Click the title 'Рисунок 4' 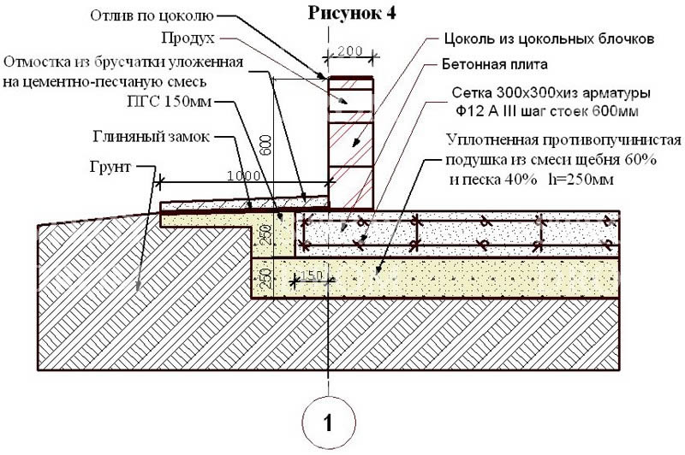[352, 13]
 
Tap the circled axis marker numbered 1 [329, 422]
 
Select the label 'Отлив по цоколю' [152, 15]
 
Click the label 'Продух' [188, 38]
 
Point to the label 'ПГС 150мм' [169, 102]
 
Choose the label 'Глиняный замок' [152, 137]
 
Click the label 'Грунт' [110, 167]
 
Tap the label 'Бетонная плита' [495, 64]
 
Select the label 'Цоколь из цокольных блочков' [549, 38]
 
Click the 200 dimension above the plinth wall [350, 51]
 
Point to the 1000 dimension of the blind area [244, 176]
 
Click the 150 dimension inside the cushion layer [312, 275]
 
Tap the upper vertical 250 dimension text [266, 235]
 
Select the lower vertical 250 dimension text [266, 278]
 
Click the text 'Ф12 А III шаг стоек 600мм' [548, 111]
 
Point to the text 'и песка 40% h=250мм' [532, 180]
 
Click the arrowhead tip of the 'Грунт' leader [138, 291]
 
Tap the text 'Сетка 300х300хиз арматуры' [551, 93]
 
